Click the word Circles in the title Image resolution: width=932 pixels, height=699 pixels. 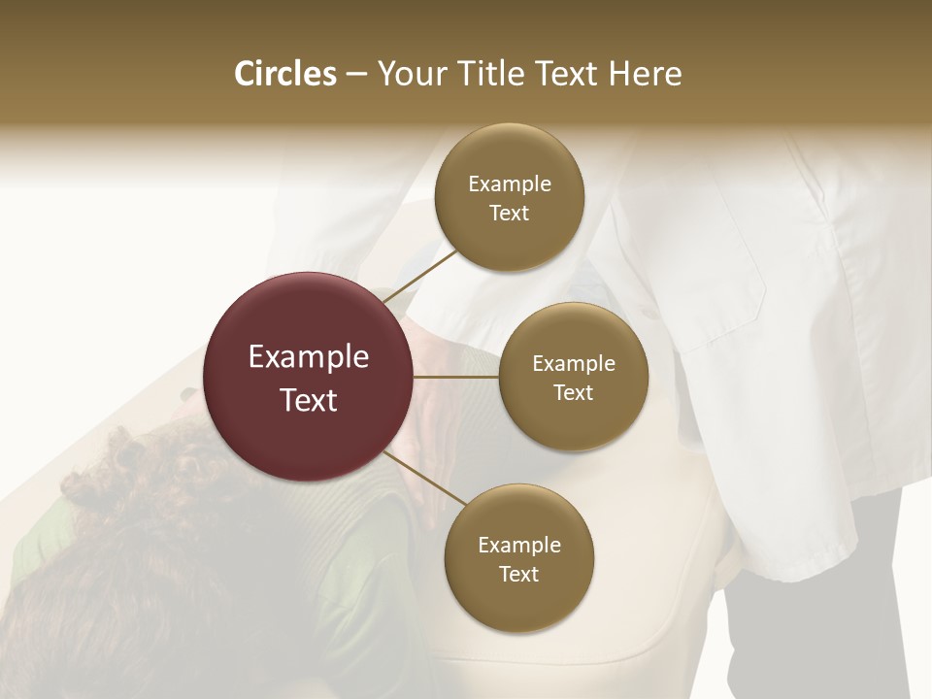(285, 74)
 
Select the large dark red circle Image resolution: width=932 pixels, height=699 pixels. (309, 320)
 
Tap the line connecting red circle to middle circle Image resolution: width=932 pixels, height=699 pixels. (456, 377)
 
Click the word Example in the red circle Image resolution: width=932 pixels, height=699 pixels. (309, 357)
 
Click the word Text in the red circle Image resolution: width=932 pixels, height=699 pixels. (309, 400)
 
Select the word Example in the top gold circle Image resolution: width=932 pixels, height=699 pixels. (509, 184)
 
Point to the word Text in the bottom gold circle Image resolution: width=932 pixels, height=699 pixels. (519, 574)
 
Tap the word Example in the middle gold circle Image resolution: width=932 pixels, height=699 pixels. (574, 364)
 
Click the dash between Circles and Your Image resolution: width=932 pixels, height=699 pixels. (356, 75)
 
